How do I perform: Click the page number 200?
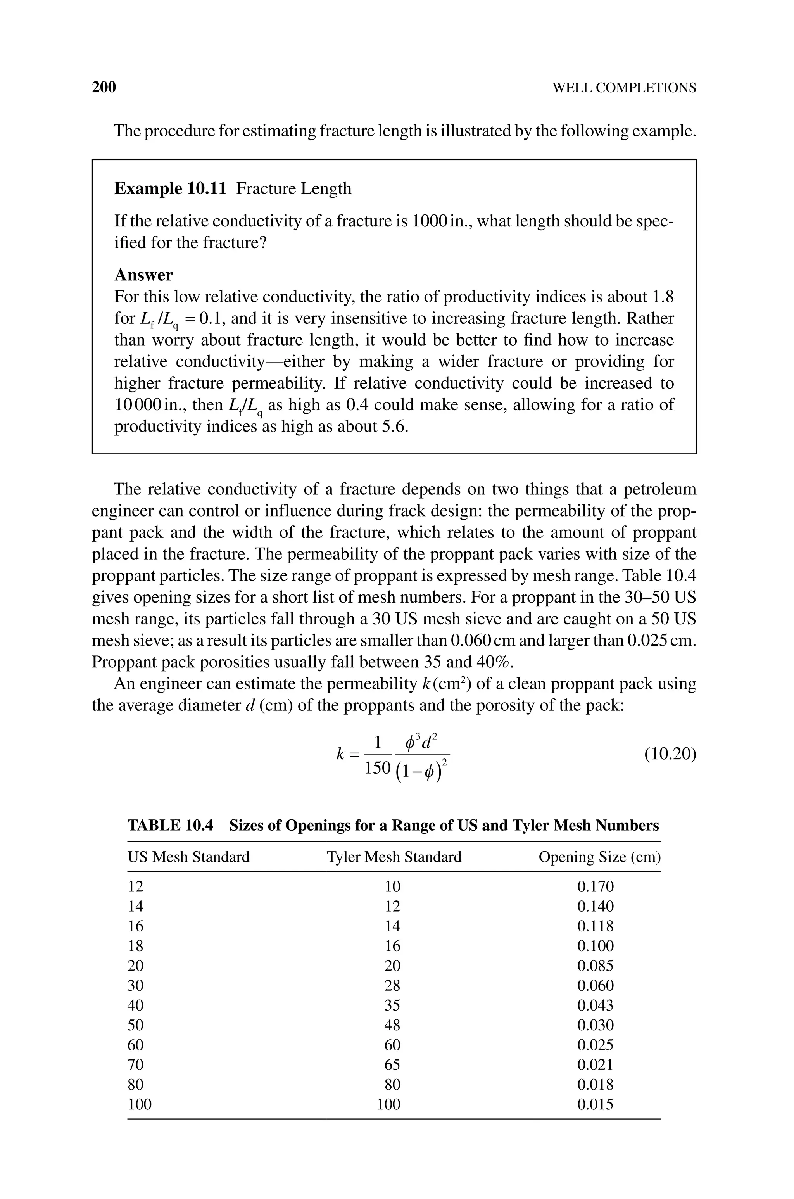104,87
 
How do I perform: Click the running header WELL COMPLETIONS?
624,88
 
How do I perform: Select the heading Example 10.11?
170,188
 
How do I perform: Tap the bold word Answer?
143,275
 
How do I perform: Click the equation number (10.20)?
670,754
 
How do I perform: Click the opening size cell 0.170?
595,886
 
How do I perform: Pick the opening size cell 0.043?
595,1005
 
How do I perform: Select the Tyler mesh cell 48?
392,1025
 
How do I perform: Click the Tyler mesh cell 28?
392,985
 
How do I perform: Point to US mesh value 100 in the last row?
139,1104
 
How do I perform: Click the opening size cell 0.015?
595,1104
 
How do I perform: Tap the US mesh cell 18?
135,945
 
